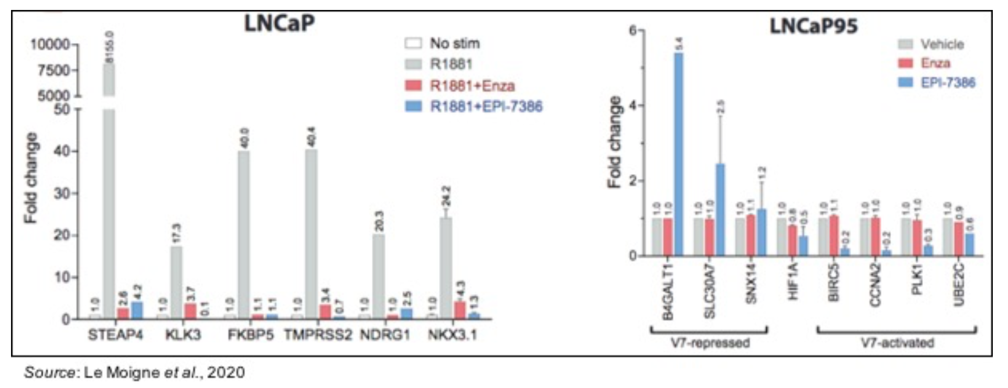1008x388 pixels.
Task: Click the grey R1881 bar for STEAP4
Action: [109, 210]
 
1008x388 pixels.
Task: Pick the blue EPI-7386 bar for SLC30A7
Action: [721, 210]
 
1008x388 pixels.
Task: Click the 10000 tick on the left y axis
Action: [50, 44]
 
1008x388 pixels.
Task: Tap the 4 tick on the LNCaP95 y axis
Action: [632, 105]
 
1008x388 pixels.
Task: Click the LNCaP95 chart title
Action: [813, 26]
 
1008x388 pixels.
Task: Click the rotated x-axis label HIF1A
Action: [792, 282]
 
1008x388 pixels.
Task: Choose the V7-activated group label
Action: [897, 343]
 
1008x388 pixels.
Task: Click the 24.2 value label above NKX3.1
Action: [446, 196]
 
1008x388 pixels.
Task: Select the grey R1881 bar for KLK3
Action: [177, 283]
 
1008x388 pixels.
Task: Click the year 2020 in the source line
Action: [226, 372]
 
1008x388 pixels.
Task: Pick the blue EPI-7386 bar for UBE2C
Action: [969, 245]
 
